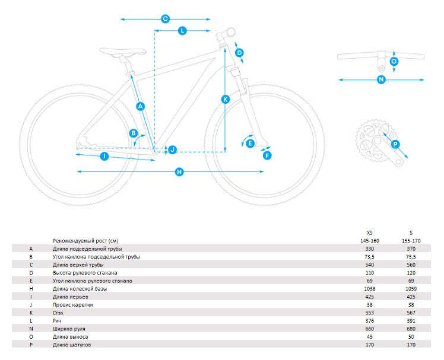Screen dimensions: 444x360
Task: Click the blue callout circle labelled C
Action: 166,19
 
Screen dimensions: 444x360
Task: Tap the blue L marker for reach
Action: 182,31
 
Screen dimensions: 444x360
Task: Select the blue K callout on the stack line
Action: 226,99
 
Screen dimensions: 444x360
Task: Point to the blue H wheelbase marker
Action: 179,172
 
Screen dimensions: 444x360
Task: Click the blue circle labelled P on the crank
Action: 395,145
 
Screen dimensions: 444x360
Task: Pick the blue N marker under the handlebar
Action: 381,79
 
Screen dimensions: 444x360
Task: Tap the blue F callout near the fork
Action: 267,155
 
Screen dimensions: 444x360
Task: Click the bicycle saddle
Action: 123,52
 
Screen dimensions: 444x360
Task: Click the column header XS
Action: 370,233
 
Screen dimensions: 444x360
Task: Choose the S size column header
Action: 411,233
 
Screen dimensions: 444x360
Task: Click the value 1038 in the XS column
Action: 370,289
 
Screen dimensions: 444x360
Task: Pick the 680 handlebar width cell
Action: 411,329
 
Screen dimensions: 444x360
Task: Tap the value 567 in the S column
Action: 411,313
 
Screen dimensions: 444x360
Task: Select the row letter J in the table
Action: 31,305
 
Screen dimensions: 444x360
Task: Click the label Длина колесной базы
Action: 80,289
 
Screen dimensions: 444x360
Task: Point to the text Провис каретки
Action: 73,305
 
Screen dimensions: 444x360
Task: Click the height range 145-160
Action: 370,241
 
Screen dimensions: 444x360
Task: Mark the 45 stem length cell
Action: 370,337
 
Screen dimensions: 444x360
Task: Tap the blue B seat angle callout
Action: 134,133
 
